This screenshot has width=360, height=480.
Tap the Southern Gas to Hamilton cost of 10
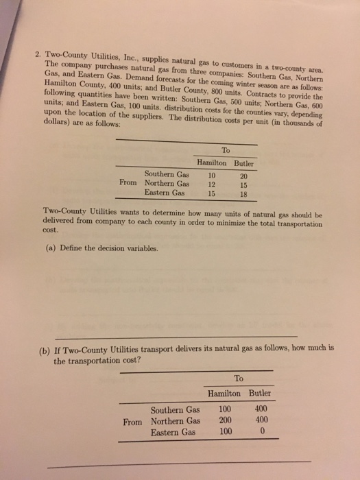tap(211, 174)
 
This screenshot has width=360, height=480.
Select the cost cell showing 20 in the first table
tap(245, 174)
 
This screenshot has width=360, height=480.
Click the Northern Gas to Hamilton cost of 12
tap(211, 184)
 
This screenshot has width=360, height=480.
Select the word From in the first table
tap(128, 184)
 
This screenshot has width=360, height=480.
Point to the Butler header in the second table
tap(259, 393)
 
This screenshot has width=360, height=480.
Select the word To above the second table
tap(238, 378)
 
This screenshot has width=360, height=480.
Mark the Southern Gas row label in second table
tap(176, 409)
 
